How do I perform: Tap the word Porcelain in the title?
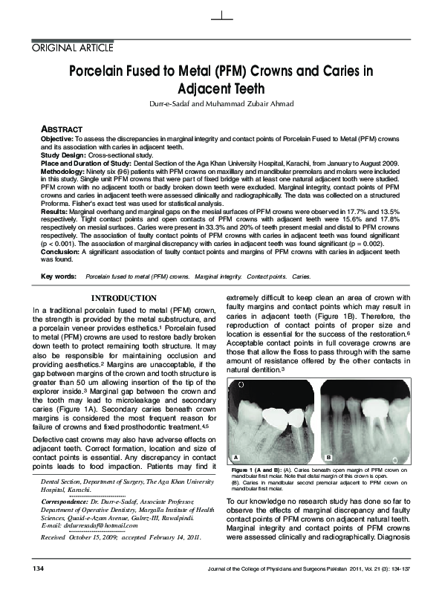[x=103, y=72]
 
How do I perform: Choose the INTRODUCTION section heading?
[x=123, y=298]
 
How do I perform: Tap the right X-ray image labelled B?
[x=363, y=420]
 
